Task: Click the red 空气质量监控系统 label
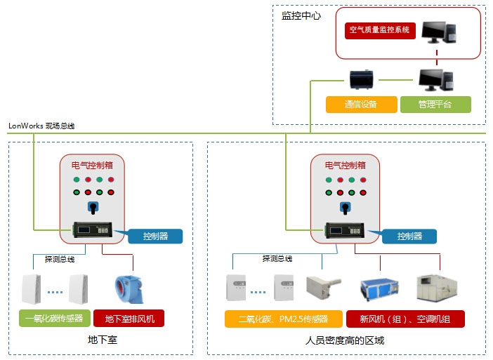379,31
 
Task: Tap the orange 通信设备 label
361,105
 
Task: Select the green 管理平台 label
435,105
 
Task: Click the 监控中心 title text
301,15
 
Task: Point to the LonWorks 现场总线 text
41,126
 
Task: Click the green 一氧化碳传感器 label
54,319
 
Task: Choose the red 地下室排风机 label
129,319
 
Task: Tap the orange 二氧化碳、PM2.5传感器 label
283,319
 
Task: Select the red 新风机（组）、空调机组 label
405,319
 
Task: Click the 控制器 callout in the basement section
155,236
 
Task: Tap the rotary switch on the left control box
92,208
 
